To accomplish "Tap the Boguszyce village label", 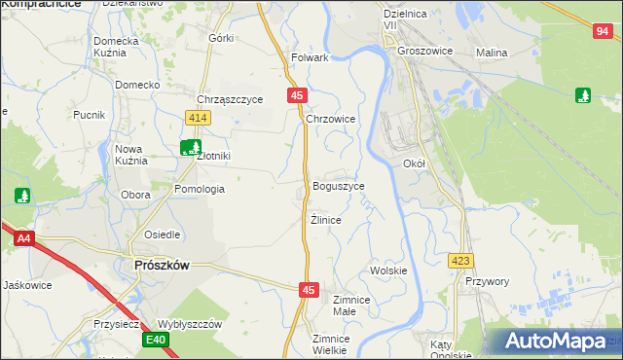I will (x=339, y=186).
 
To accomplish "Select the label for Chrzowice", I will (x=331, y=119).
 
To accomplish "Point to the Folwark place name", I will (x=310, y=57).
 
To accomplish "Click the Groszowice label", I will (x=426, y=51).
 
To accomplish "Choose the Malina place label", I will (x=493, y=52).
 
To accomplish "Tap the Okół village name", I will (x=415, y=164).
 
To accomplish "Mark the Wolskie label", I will (x=388, y=270).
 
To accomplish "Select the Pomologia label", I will (x=200, y=189).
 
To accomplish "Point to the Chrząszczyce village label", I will (x=231, y=99).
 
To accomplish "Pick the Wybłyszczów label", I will (x=191, y=324).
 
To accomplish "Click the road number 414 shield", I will (x=199, y=118).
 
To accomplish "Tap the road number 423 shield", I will (x=460, y=261).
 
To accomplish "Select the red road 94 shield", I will (x=600, y=32).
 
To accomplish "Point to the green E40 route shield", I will (x=156, y=340).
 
